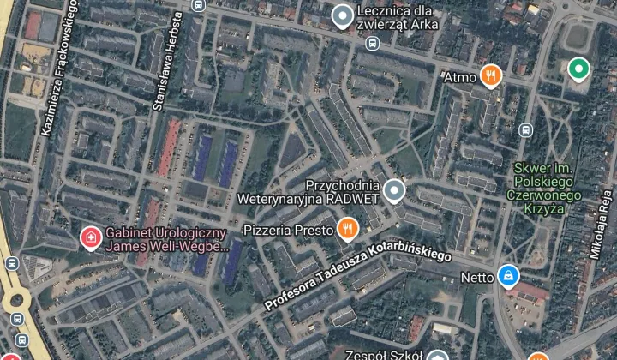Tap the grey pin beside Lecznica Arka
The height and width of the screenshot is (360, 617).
click(x=343, y=15)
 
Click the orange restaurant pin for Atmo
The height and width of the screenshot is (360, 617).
click(x=490, y=76)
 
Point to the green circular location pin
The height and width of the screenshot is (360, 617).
click(x=579, y=69)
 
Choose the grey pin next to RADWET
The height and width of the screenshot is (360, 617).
click(x=393, y=191)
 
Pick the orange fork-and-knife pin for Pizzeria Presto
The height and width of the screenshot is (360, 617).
click(x=347, y=228)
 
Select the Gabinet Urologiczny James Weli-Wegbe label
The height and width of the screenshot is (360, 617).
click(x=166, y=239)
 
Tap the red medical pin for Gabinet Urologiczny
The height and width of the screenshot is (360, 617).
click(x=89, y=235)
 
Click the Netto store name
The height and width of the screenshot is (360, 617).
click(x=477, y=277)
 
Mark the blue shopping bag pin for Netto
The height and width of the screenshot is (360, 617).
click(x=508, y=276)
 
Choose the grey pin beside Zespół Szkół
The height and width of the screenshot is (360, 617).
click(x=438, y=355)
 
